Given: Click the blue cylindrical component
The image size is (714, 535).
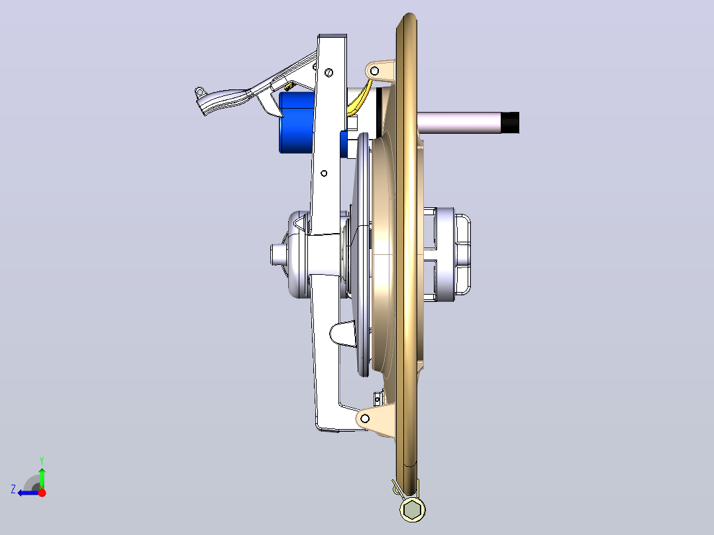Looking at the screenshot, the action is tap(297, 122).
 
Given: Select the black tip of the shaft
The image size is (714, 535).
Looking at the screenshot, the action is tap(511, 123).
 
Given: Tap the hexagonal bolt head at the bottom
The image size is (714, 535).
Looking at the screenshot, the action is tap(413, 509).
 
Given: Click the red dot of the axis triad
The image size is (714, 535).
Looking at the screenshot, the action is tap(42, 493).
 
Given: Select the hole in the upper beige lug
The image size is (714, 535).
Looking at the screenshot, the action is tap(374, 71).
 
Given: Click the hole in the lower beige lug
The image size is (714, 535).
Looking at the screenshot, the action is tap(365, 418).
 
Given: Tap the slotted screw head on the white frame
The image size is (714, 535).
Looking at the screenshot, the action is tap(329, 72).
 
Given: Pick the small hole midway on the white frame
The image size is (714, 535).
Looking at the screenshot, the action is tap(324, 173).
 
